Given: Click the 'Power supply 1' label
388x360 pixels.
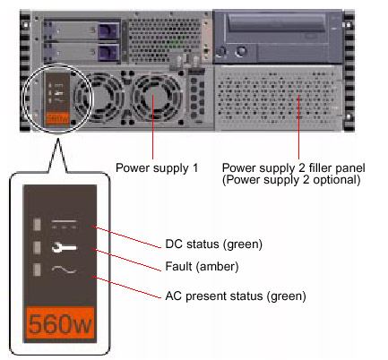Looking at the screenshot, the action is pyautogui.click(x=157, y=168).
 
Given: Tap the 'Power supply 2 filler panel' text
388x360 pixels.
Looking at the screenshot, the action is pyautogui.click(x=293, y=168).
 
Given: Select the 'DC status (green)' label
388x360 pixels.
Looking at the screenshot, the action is pyautogui.click(x=214, y=244).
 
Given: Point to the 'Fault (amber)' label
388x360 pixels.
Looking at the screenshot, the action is pyautogui.click(x=202, y=267).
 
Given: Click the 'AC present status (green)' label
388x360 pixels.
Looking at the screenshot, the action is pyautogui.click(x=236, y=296).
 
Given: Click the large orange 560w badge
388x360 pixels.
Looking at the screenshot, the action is pyautogui.click(x=60, y=323).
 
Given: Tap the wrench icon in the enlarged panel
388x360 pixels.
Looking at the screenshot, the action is pyautogui.click(x=64, y=247).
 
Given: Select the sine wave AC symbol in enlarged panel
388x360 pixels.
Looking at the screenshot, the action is pyautogui.click(x=64, y=270).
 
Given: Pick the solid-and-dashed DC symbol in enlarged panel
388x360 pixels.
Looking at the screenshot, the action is pyautogui.click(x=64, y=224).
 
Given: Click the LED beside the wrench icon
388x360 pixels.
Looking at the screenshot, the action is pyautogui.click(x=37, y=248).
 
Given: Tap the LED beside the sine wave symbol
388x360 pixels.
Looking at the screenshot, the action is pyautogui.click(x=37, y=270).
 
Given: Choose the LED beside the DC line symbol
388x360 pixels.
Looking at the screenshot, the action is pyautogui.click(x=37, y=225).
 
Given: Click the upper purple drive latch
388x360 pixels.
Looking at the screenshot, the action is pyautogui.click(x=108, y=30).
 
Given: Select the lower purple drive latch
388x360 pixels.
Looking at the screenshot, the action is pyautogui.click(x=108, y=53).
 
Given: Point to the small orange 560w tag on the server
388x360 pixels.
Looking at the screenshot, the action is pyautogui.click(x=57, y=118).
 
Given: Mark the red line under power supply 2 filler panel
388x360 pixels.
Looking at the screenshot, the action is pyautogui.click(x=298, y=127).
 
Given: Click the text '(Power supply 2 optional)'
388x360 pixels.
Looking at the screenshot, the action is pyautogui.click(x=291, y=180).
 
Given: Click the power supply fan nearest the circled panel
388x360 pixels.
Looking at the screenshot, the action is pyautogui.click(x=98, y=96).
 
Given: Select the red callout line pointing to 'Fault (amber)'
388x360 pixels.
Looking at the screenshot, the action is pyautogui.click(x=127, y=260).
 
